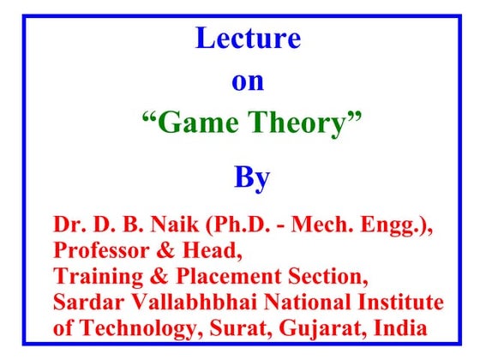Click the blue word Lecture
click(248, 39)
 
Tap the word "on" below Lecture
click(248, 83)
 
